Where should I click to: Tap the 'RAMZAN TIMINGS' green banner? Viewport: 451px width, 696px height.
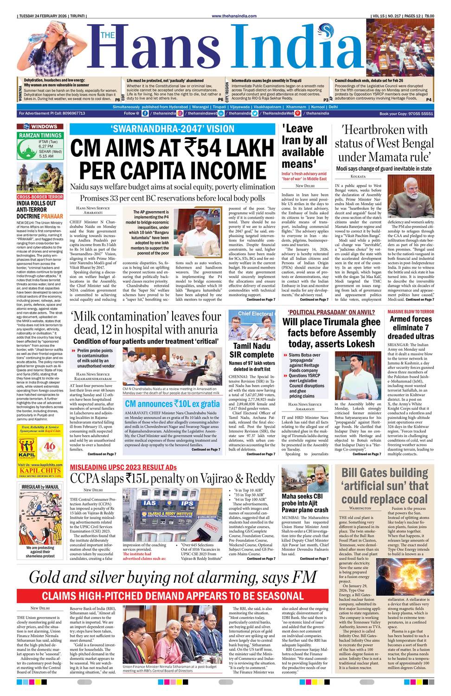(x=40, y=135)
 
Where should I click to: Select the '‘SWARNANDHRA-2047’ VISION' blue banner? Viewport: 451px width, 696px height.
(x=172, y=129)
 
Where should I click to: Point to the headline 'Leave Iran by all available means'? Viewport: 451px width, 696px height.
(x=304, y=146)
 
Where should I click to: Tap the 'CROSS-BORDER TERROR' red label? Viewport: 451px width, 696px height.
(x=40, y=197)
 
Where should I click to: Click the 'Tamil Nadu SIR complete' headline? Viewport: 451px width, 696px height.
(x=252, y=350)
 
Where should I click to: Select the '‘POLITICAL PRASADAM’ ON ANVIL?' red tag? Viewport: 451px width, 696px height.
(x=331, y=313)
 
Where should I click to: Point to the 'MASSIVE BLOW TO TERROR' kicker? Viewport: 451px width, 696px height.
(x=411, y=312)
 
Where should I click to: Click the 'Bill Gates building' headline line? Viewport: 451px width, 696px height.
(x=385, y=473)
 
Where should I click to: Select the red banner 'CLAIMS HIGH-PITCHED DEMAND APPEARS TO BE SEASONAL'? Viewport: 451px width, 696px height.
(x=172, y=596)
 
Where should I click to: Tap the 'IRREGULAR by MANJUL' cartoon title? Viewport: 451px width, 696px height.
(x=40, y=487)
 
